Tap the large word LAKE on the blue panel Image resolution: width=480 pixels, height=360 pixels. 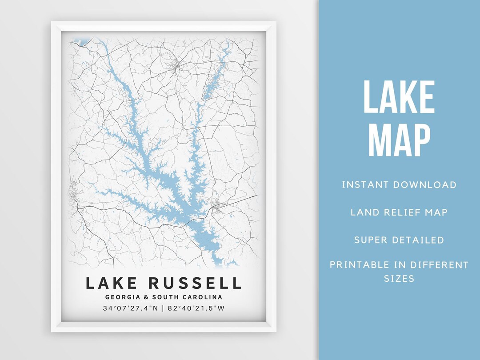[399, 97]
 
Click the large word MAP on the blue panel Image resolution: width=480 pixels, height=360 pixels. [399, 140]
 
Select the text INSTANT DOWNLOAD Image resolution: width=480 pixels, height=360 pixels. [399, 184]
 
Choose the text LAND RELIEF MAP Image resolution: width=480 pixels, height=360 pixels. [399, 212]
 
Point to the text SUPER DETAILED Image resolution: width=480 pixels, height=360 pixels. [399, 240]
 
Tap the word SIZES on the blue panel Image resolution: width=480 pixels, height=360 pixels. [399, 279]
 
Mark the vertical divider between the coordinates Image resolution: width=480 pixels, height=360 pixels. [163, 308]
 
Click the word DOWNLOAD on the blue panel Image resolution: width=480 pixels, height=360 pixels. [426, 184]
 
